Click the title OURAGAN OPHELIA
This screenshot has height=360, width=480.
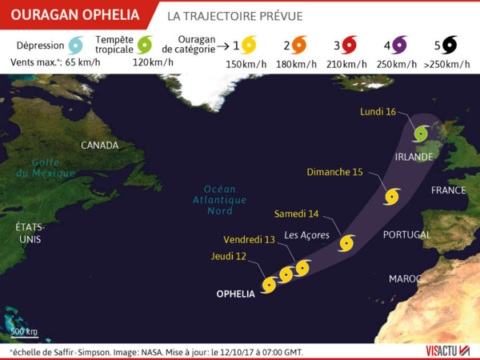[74, 15]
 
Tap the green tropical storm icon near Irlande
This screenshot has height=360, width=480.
[421, 132]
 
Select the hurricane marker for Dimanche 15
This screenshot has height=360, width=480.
[392, 196]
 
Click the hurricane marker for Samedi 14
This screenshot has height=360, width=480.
[346, 242]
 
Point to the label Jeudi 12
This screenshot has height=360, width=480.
[229, 256]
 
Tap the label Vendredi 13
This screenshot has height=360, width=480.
[250, 240]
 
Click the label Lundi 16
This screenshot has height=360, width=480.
[379, 112]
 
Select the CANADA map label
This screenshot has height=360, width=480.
[99, 146]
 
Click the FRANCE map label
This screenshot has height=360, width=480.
[448, 190]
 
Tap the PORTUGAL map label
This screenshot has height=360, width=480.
[406, 235]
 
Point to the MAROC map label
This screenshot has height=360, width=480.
[405, 278]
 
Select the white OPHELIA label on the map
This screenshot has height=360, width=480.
[235, 294]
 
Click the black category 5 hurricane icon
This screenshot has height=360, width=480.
[449, 45]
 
